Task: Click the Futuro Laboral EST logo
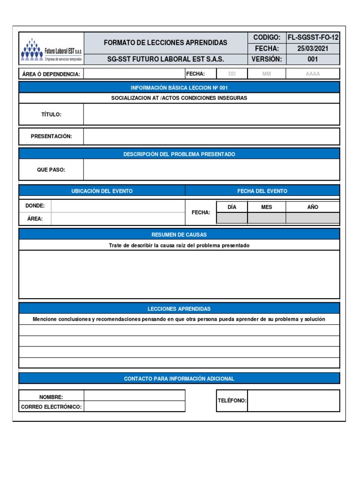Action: [x=51, y=49]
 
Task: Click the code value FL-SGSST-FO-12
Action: [x=313, y=37]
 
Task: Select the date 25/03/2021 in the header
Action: [x=313, y=48]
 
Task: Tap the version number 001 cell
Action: [x=313, y=59]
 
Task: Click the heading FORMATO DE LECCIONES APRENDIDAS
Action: [x=165, y=43]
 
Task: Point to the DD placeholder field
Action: [x=232, y=74]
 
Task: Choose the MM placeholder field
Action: [x=267, y=74]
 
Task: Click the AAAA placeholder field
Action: [x=313, y=74]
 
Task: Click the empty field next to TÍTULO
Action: [x=211, y=114]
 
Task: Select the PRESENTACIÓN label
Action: [x=52, y=136]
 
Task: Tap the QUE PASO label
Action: [x=51, y=170]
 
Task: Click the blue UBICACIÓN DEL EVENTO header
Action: [x=102, y=191]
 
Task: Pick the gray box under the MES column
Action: [x=267, y=218]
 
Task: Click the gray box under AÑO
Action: [x=313, y=218]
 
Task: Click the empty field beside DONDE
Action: [x=118, y=206]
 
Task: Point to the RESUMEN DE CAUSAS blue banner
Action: [x=179, y=234]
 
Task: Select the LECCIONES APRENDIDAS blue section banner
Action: [x=179, y=308]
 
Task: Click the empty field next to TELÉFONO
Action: [x=293, y=401]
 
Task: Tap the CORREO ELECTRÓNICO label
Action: [x=52, y=407]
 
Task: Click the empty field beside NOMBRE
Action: [x=135, y=396]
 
